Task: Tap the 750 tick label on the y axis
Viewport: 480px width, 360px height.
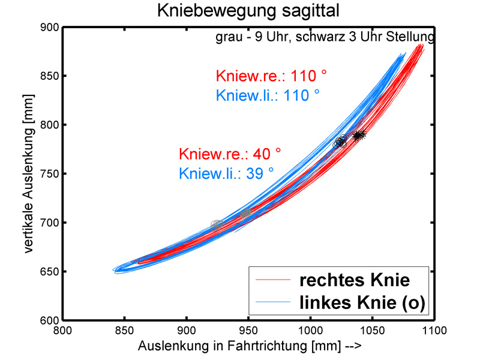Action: pos(50,174)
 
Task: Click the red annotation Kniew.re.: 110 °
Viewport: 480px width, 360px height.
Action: pos(271,76)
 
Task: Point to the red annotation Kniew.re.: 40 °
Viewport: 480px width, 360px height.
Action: pos(230,154)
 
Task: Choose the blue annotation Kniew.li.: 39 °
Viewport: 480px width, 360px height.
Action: pos(226,173)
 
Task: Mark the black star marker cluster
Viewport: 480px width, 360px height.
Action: pos(359,136)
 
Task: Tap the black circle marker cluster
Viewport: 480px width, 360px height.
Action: pos(340,142)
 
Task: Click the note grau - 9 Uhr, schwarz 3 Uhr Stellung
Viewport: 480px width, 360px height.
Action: pos(325,37)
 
